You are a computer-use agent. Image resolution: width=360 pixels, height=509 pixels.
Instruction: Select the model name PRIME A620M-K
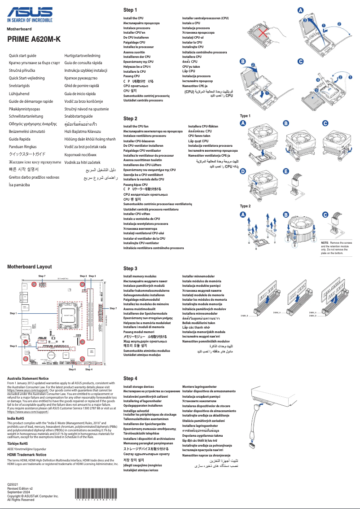[34, 39]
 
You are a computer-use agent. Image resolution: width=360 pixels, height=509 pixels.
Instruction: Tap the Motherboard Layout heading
[29, 267]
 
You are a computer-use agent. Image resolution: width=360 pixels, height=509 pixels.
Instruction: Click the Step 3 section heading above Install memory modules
[130, 268]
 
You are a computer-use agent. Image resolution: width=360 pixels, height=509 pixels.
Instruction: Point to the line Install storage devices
[138, 386]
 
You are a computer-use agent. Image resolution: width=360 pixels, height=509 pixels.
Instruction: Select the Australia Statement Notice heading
[28, 378]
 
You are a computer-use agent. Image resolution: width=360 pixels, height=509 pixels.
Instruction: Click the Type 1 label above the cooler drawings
[245, 116]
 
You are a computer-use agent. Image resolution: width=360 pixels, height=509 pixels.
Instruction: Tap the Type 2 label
[245, 206]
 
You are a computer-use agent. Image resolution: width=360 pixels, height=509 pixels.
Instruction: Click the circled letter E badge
[286, 171]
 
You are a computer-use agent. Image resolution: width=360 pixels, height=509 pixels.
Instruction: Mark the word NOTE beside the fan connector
[325, 242]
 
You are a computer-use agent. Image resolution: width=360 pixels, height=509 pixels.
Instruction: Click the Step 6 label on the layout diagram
[72, 369]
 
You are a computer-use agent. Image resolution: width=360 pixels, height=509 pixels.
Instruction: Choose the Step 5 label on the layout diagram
[13, 347]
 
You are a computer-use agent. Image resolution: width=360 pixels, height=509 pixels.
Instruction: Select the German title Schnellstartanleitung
[29, 116]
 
